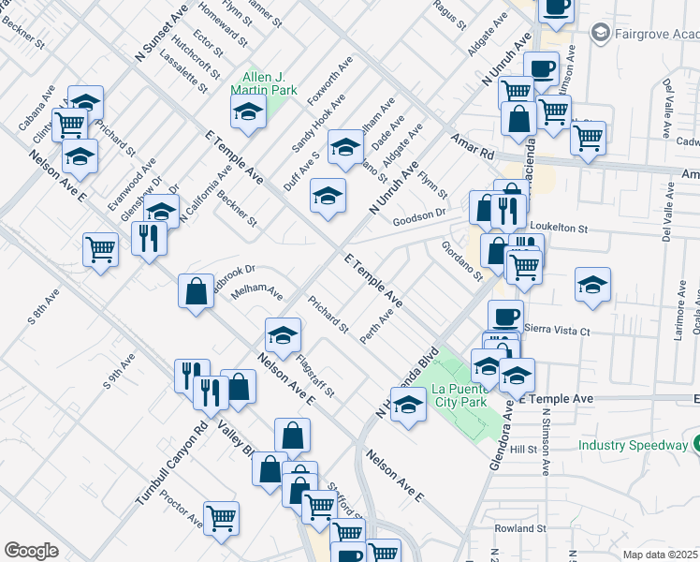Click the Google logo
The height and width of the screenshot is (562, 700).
31,551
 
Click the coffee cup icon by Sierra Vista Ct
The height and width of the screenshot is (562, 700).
505,317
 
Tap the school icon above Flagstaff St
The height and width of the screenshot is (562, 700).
283,334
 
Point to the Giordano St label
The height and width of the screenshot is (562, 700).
461,261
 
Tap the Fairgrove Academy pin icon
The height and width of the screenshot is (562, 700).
600,33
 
